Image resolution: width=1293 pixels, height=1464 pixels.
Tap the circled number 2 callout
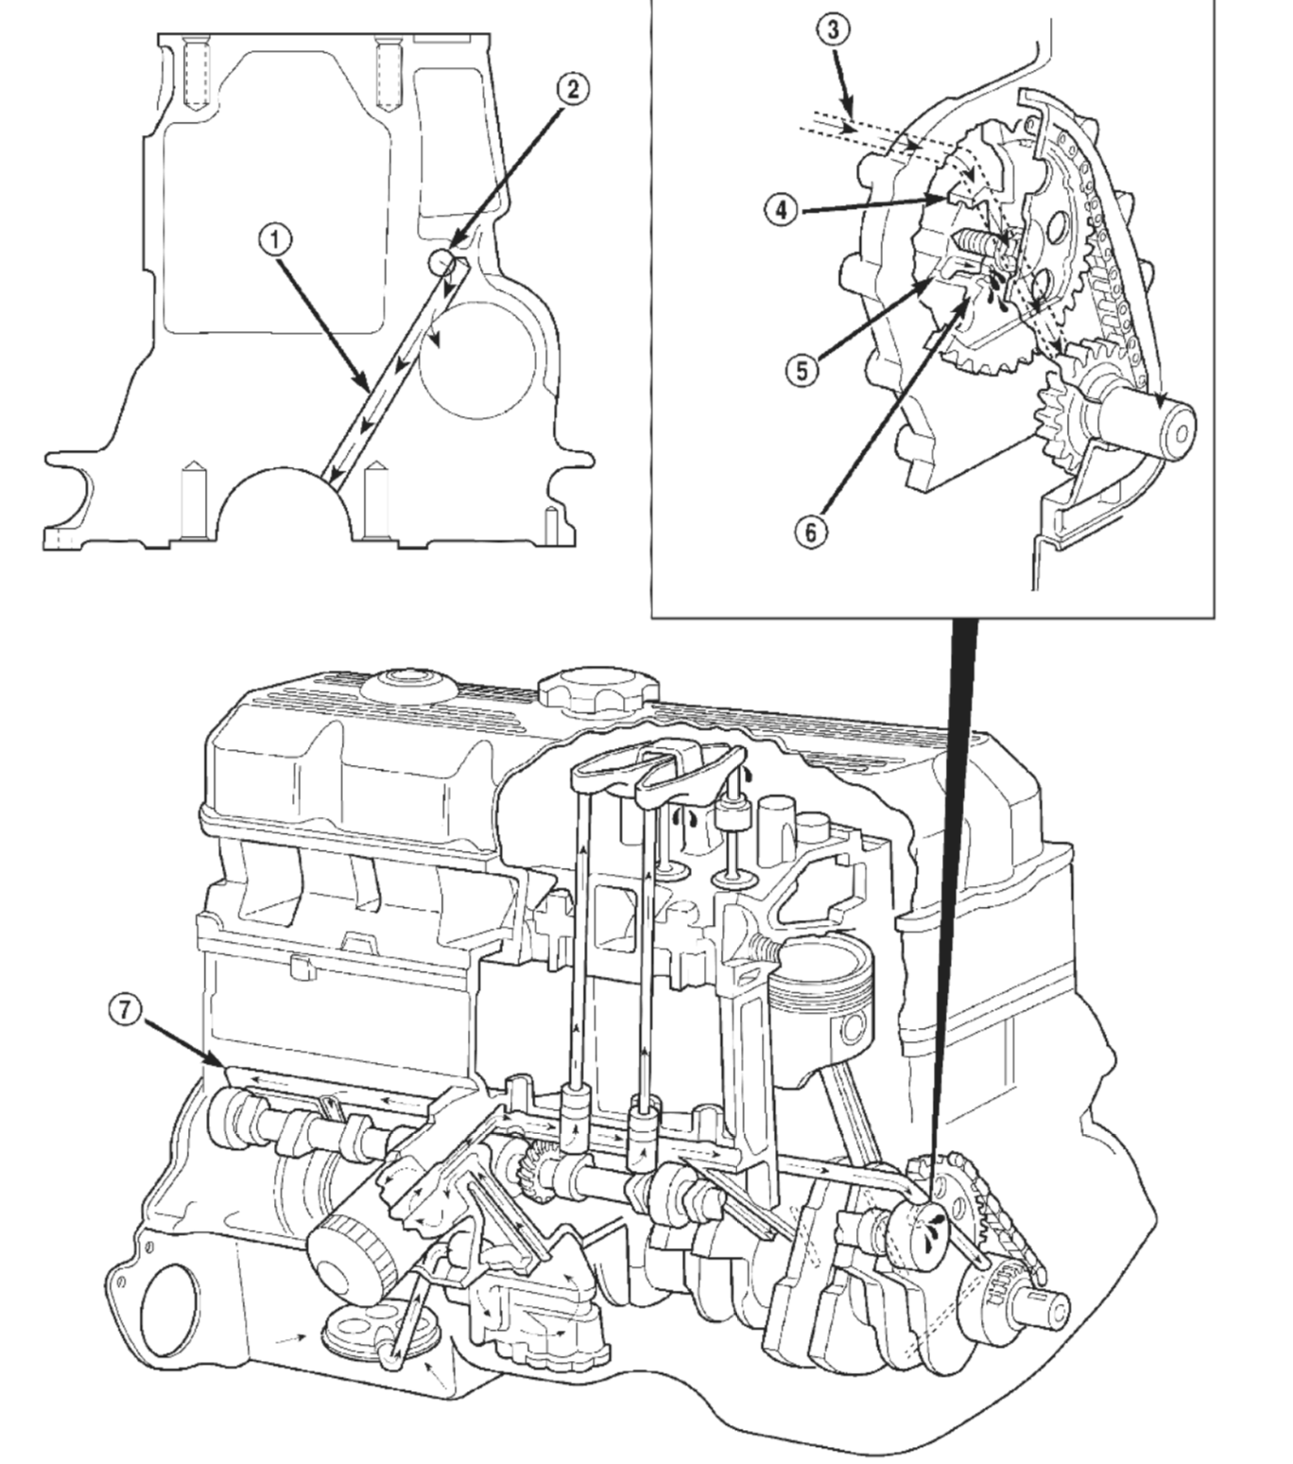(572, 90)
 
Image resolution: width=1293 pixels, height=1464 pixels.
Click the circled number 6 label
(812, 532)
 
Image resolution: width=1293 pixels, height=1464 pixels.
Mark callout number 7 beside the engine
(127, 1009)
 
